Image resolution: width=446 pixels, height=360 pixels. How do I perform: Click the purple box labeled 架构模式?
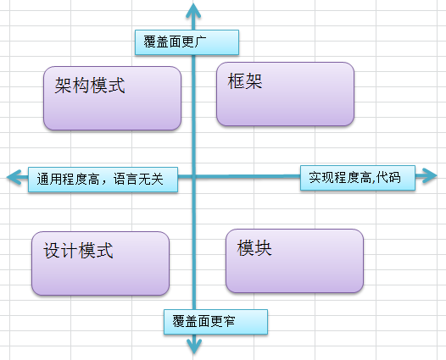pyautogui.click(x=112, y=98)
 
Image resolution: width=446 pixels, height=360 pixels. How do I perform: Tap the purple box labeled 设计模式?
pyautogui.click(x=100, y=263)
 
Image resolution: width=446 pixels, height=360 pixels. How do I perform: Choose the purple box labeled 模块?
pyautogui.click(x=294, y=260)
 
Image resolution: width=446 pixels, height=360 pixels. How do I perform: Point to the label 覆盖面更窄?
pyautogui.click(x=215, y=322)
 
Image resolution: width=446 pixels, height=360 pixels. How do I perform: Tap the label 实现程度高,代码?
pyautogui.click(x=358, y=178)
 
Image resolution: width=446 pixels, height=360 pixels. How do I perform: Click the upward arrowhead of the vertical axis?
pyautogui.click(x=195, y=9)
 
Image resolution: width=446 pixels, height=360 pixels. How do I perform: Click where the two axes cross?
pyautogui.click(x=195, y=177)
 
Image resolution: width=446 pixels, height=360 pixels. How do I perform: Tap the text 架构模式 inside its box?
pyautogui.click(x=89, y=86)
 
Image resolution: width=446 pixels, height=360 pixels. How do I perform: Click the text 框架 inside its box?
pyautogui.click(x=245, y=81)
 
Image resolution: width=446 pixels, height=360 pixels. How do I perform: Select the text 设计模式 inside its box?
pyautogui.click(x=78, y=251)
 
